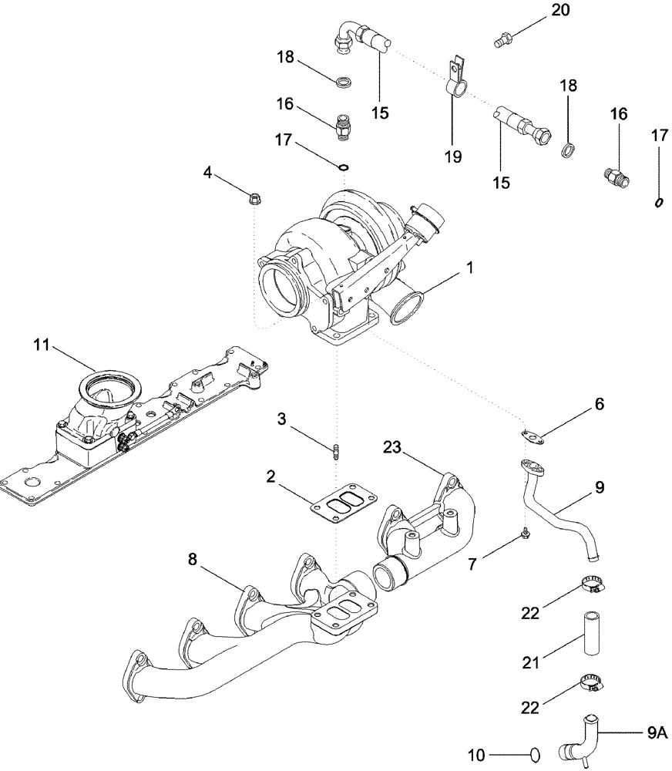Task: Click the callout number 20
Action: coord(559,10)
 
